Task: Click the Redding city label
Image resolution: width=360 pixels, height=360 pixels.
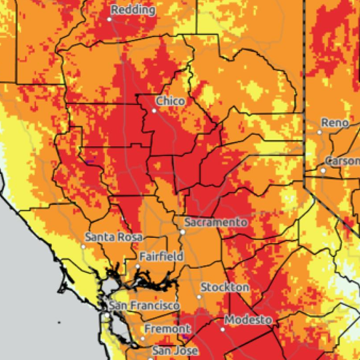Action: [133, 10]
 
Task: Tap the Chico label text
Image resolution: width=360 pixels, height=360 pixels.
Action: [170, 101]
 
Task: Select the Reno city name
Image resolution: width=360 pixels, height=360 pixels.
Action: [335, 123]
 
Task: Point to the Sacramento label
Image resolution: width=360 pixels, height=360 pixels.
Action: [215, 222]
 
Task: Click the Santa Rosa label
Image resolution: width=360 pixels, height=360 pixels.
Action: [114, 237]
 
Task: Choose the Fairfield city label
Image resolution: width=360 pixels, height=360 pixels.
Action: [161, 256]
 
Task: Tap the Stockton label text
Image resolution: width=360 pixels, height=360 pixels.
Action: [225, 287]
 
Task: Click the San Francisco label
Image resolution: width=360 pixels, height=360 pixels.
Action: [145, 306]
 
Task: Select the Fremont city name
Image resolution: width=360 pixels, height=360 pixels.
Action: [168, 329]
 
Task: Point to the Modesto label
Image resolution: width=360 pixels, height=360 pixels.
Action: [248, 319]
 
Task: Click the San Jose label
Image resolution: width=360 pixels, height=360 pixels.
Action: [175, 351]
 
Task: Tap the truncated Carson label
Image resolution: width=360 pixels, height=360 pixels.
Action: [343, 161]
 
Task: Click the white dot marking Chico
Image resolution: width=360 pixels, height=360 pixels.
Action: [155, 111]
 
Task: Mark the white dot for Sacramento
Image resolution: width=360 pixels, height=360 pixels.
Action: [182, 232]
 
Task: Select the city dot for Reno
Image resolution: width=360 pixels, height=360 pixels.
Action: [319, 132]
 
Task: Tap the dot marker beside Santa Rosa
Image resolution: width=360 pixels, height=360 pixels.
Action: [83, 246]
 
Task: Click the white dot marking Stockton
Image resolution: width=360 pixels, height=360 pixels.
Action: [199, 297]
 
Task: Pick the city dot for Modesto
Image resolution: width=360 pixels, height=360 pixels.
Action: [223, 329]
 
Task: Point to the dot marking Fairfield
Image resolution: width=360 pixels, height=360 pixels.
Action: [137, 267]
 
